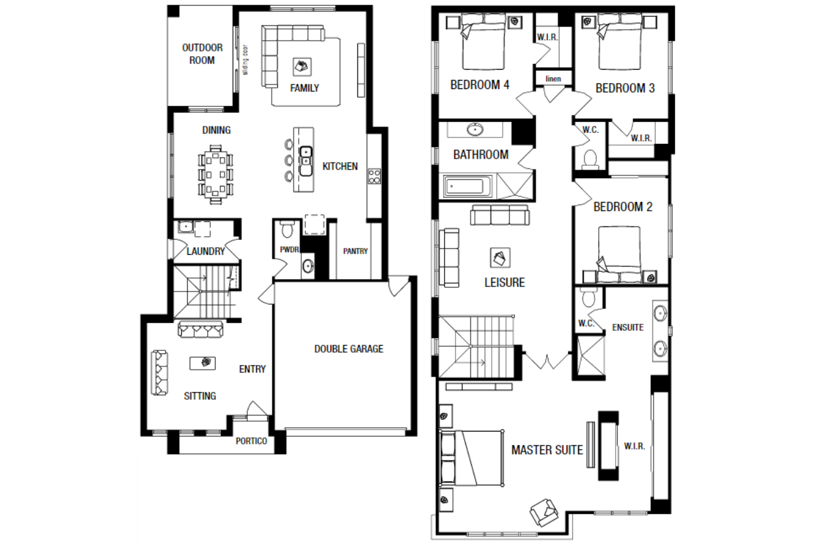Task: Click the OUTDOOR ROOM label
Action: click(x=203, y=54)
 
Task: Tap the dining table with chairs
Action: click(x=216, y=174)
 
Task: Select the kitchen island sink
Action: click(x=306, y=161)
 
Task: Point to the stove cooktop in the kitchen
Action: click(x=374, y=176)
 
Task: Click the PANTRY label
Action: click(x=356, y=252)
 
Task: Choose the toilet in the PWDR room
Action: click(x=287, y=229)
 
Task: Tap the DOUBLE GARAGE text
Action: click(x=349, y=349)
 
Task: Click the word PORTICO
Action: click(x=252, y=441)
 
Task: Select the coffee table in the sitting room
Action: click(x=203, y=363)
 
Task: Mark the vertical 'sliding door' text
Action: click(x=246, y=60)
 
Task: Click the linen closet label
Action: click(x=553, y=79)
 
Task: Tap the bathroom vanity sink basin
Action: click(x=476, y=130)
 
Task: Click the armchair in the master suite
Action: click(x=543, y=513)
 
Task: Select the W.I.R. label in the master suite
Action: click(x=634, y=446)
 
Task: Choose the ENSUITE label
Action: click(x=628, y=327)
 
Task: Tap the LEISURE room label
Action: click(x=505, y=283)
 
